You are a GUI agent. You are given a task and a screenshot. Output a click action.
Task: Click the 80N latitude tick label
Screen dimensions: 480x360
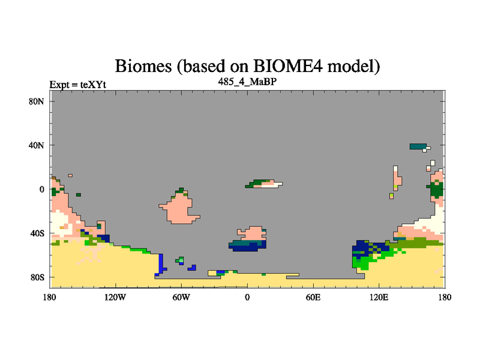click(x=37, y=101)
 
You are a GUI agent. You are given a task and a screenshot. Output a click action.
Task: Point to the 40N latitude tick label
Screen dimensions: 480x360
click(x=37, y=145)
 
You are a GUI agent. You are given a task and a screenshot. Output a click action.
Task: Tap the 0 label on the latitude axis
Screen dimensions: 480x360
click(x=41, y=190)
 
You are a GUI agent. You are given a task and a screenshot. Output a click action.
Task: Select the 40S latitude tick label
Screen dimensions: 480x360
click(x=37, y=233)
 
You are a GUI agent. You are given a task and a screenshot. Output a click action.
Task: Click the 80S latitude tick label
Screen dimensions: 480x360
click(x=37, y=278)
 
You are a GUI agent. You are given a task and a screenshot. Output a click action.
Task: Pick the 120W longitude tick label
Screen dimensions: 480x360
click(x=115, y=297)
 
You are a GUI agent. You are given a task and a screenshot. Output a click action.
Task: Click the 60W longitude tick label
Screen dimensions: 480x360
click(x=181, y=297)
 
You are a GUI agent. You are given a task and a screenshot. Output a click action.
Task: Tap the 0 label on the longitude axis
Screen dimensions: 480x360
click(x=247, y=297)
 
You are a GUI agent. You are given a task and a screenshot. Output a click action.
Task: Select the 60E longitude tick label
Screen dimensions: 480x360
click(x=313, y=297)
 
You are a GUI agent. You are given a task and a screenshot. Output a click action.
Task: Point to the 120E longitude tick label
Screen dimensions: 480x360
click(x=379, y=297)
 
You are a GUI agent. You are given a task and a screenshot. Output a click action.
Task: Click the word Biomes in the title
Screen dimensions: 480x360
click(x=143, y=66)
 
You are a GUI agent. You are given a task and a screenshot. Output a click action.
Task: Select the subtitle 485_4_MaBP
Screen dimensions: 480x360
click(x=247, y=82)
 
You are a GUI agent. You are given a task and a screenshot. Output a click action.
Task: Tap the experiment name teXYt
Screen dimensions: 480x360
click(x=93, y=85)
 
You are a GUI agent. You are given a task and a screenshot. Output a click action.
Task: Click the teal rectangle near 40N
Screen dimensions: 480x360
click(x=418, y=146)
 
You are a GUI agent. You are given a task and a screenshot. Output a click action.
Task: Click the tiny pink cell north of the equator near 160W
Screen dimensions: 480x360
click(x=70, y=175)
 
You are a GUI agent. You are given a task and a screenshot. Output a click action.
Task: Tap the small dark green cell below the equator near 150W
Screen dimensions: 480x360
click(x=79, y=194)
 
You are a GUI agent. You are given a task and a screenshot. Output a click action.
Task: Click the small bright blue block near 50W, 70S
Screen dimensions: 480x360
click(x=193, y=268)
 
